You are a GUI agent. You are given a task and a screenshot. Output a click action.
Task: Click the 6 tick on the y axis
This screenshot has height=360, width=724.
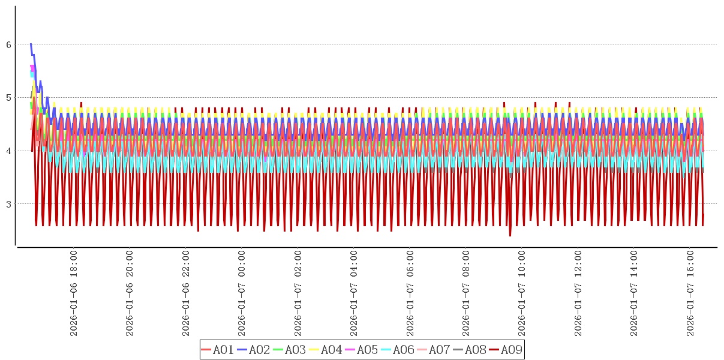8,44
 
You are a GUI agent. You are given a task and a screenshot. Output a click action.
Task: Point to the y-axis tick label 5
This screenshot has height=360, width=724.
8,98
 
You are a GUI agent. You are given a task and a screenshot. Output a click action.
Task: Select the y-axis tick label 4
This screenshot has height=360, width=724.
8,151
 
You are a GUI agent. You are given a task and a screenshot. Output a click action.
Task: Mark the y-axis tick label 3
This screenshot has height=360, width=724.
8,204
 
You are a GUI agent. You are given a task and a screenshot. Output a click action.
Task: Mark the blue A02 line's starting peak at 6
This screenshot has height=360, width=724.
31,44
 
